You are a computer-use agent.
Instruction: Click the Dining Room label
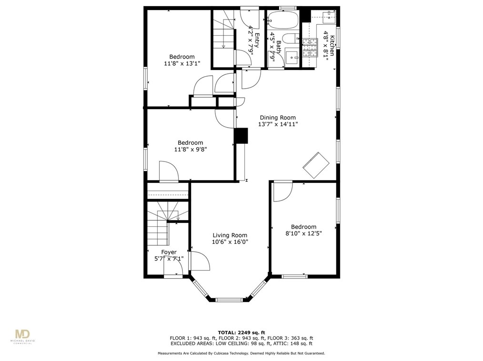pos(277,118)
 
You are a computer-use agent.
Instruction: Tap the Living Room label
pos(230,235)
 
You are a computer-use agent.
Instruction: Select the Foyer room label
pos(169,252)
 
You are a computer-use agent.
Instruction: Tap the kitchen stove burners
pos(309,47)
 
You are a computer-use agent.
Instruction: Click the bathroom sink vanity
pos(292,56)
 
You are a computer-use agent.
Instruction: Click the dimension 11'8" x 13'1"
pos(182,63)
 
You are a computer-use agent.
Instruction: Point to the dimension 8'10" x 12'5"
pos(303,233)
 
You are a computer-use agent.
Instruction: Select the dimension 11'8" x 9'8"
pos(190,149)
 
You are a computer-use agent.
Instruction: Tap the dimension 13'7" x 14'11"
pos(278,124)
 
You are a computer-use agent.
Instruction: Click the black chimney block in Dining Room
pos(241,136)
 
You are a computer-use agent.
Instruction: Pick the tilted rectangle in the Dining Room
pos(316,164)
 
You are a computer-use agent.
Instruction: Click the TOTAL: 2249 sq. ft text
pos(241,332)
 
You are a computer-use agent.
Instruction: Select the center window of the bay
pos(230,300)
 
